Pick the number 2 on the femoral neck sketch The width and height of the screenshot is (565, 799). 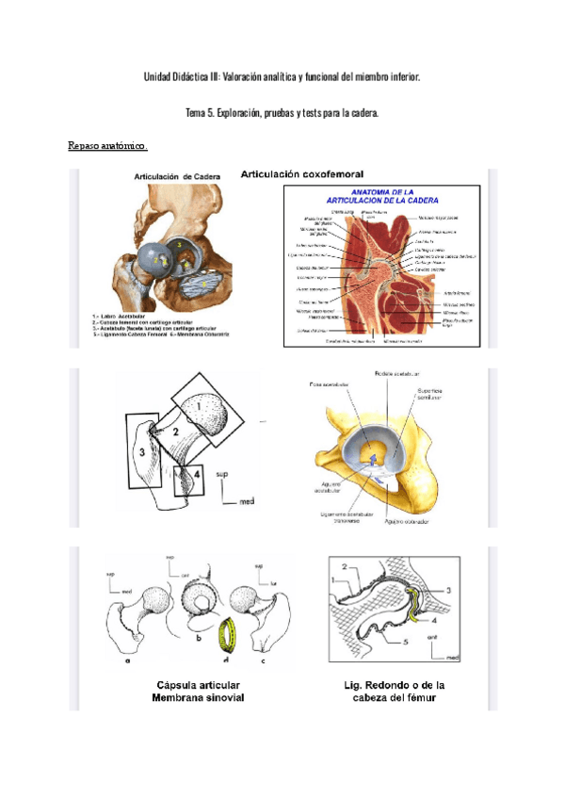(175, 432)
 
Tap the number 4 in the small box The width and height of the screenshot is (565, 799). (194, 476)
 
